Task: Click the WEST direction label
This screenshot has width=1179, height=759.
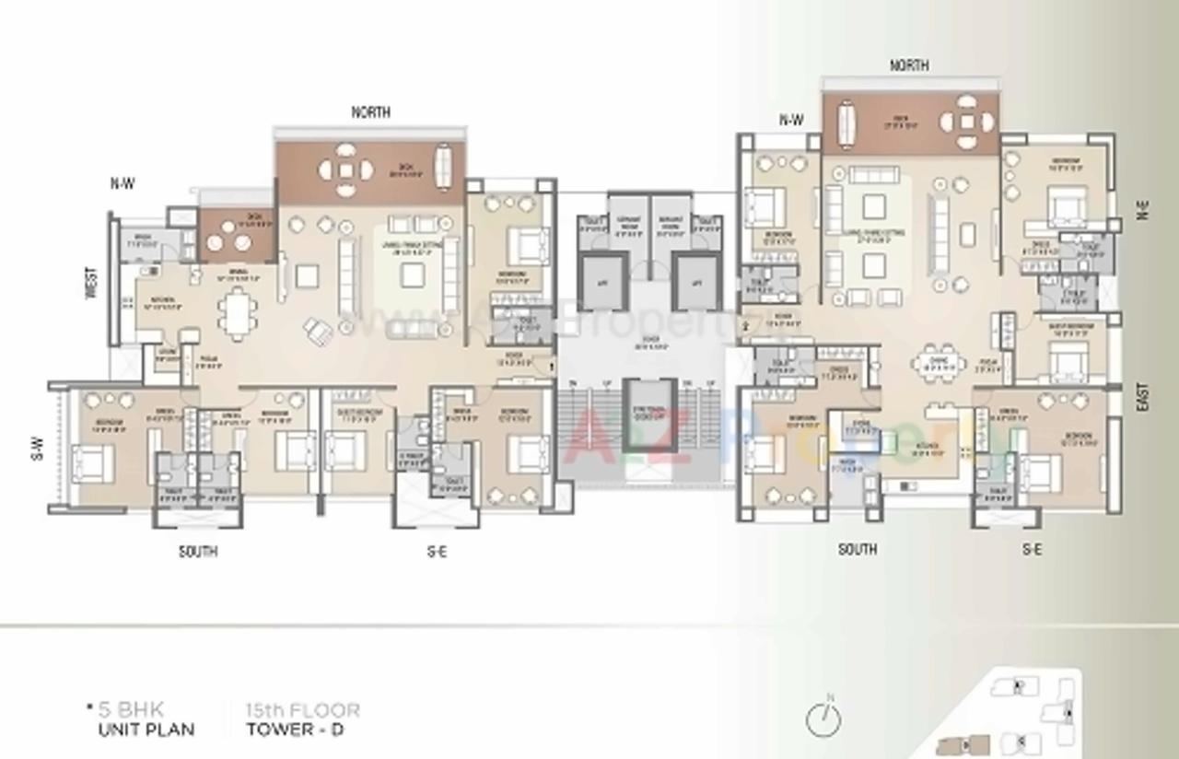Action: pyautogui.click(x=90, y=283)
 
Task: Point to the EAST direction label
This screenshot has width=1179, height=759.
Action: pyautogui.click(x=1142, y=398)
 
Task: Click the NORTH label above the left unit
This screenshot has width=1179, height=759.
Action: pyautogui.click(x=370, y=112)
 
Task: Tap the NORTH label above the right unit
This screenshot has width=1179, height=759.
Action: pyautogui.click(x=908, y=65)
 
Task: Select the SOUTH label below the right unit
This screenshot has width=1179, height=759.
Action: pyautogui.click(x=857, y=549)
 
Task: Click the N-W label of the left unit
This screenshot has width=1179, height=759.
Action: pyautogui.click(x=123, y=183)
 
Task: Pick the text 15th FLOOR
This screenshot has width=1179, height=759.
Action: pyautogui.click(x=303, y=710)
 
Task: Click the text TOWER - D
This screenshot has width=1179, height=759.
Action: pyautogui.click(x=296, y=730)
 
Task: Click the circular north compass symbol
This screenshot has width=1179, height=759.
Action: pyautogui.click(x=823, y=720)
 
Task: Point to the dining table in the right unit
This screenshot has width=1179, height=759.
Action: pyautogui.click(x=939, y=362)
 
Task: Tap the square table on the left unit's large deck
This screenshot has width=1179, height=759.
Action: pyautogui.click(x=345, y=169)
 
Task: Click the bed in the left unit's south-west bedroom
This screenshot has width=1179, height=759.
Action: pyautogui.click(x=92, y=462)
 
